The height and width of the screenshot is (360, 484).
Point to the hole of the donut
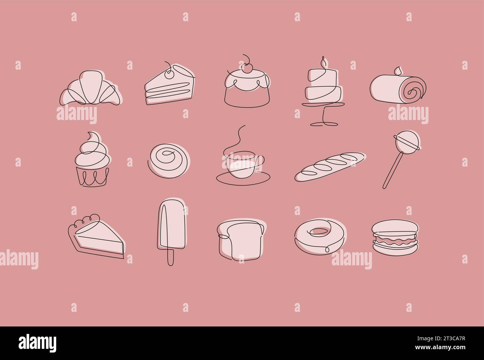click(x=318, y=231)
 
